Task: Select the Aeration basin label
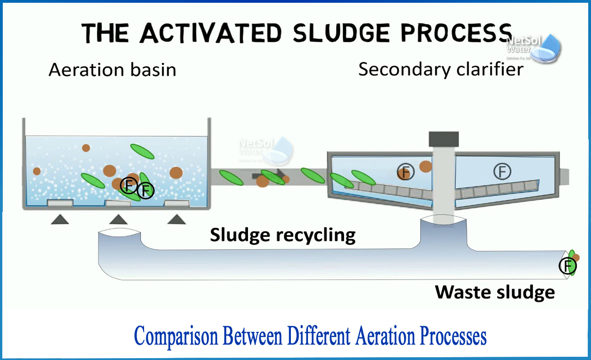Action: click(x=112, y=70)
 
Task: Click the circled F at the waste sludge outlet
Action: click(x=567, y=266)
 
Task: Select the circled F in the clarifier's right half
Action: click(x=502, y=171)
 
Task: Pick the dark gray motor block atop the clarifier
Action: click(x=444, y=138)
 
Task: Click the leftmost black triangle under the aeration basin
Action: click(x=60, y=219)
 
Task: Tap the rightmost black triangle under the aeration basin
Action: click(x=176, y=219)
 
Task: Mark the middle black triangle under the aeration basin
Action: click(x=118, y=219)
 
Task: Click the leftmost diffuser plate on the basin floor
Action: click(x=60, y=203)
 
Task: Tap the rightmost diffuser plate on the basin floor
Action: click(x=177, y=203)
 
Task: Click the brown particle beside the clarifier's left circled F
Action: click(x=425, y=166)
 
